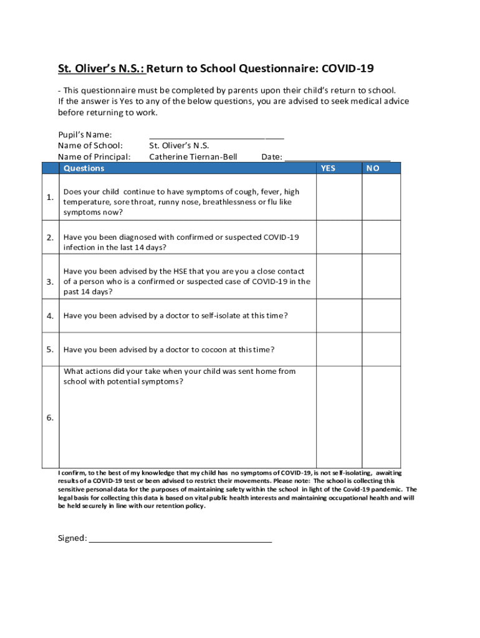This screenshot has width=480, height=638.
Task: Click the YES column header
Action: [x=328, y=168]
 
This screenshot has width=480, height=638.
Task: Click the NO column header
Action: [x=373, y=168]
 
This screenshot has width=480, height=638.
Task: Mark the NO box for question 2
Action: [x=382, y=237]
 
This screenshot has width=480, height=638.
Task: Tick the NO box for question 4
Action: [x=382, y=315]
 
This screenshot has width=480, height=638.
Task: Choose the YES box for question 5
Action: [x=339, y=349]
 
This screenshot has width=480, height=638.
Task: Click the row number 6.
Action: [x=50, y=417]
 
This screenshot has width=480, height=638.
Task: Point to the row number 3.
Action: [x=50, y=282]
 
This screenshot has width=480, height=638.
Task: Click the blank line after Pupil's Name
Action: [x=216, y=135]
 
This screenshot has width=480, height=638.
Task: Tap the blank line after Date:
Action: [x=337, y=157]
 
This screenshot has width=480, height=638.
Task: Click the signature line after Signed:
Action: [x=181, y=538]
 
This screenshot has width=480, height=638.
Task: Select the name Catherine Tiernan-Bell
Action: [x=193, y=157]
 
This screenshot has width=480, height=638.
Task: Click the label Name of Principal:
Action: [x=94, y=157]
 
